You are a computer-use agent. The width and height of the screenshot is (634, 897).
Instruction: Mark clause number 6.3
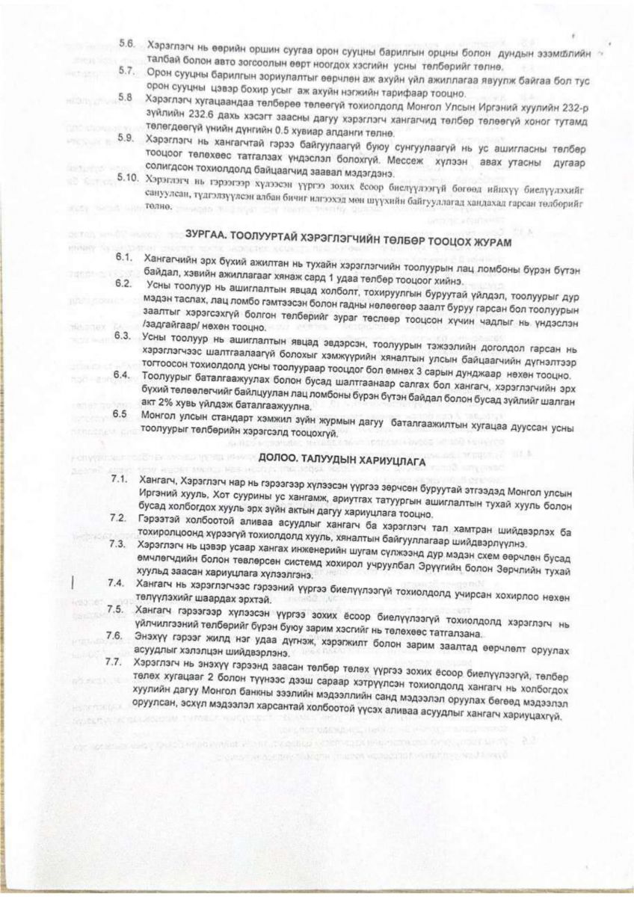125,337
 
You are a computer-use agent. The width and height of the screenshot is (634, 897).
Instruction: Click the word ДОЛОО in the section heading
280,460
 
